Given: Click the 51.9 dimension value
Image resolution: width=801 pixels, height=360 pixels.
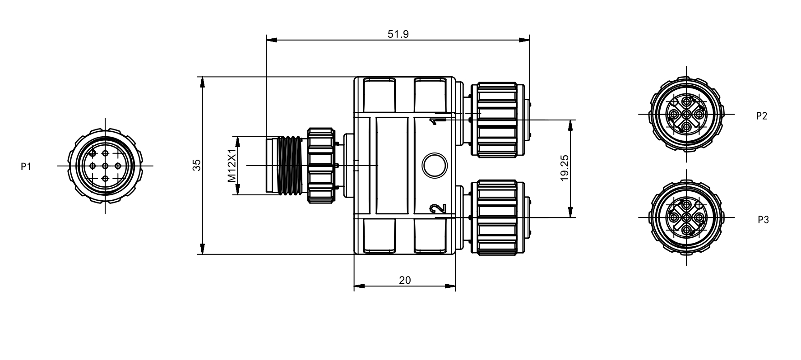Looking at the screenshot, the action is pyautogui.click(x=398, y=34).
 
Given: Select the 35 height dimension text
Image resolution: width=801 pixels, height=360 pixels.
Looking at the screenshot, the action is pyautogui.click(x=197, y=165).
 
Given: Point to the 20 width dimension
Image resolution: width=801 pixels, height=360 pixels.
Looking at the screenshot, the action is pyautogui.click(x=405, y=280).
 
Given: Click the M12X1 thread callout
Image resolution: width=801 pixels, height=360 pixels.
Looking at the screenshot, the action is pyautogui.click(x=232, y=166).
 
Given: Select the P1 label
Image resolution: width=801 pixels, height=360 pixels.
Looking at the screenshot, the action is pyautogui.click(x=26, y=167).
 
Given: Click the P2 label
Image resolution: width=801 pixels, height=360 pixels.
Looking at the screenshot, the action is pyautogui.click(x=762, y=116).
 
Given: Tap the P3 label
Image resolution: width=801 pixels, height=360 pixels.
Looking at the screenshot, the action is pyautogui.click(x=763, y=220).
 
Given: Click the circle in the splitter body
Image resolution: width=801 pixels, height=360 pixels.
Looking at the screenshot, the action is pyautogui.click(x=434, y=165).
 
